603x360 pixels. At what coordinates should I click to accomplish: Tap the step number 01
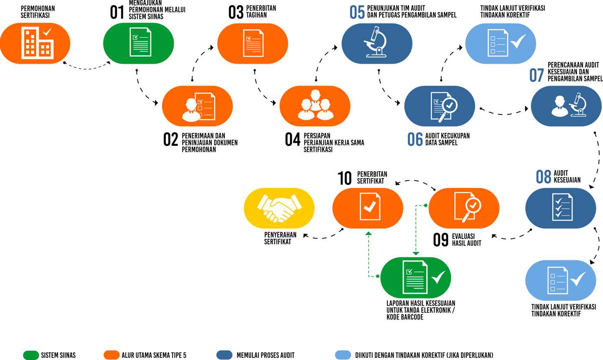pos(117,13)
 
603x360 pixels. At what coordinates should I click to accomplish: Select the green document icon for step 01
pos(140,42)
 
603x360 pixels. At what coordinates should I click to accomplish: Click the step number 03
pos(236,13)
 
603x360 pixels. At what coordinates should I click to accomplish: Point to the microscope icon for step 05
pos(376,42)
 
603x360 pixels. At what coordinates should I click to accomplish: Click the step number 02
pos(170,140)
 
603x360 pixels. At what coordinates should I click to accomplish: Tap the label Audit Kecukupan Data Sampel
pos(447,139)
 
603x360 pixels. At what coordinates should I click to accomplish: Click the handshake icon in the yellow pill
pos(279,208)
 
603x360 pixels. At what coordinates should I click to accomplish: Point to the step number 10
pos(345,179)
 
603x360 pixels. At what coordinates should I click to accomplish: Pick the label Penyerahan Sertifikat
pos(280,238)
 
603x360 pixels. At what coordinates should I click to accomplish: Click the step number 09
pos(441,240)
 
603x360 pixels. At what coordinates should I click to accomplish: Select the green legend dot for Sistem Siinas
pos(31,355)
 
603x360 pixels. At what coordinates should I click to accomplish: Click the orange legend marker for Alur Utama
pos(111,355)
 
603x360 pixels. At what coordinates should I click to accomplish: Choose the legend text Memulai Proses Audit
pos(265,355)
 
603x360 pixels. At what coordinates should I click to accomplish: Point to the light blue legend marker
pos(343,355)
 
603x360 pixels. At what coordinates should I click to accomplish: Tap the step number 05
pos(357,13)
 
